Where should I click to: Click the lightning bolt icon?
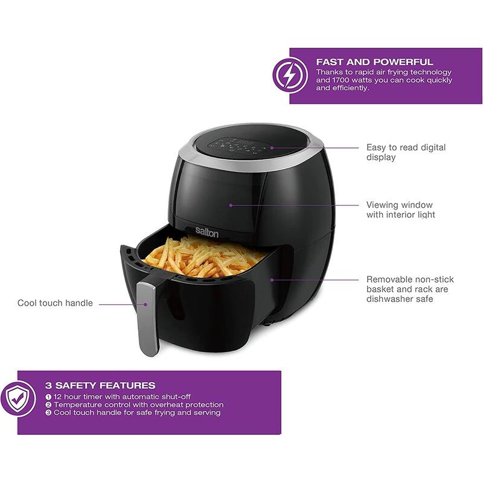(x=290, y=75)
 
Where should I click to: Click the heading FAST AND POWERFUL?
(x=374, y=62)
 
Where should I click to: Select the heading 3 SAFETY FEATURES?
(x=100, y=385)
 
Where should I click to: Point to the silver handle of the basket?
(x=147, y=317)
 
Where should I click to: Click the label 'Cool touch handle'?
(x=55, y=303)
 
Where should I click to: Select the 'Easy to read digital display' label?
(x=406, y=152)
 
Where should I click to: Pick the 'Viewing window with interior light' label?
(x=400, y=210)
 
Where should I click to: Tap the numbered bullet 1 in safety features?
(x=48, y=397)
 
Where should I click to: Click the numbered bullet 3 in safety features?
(x=48, y=413)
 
